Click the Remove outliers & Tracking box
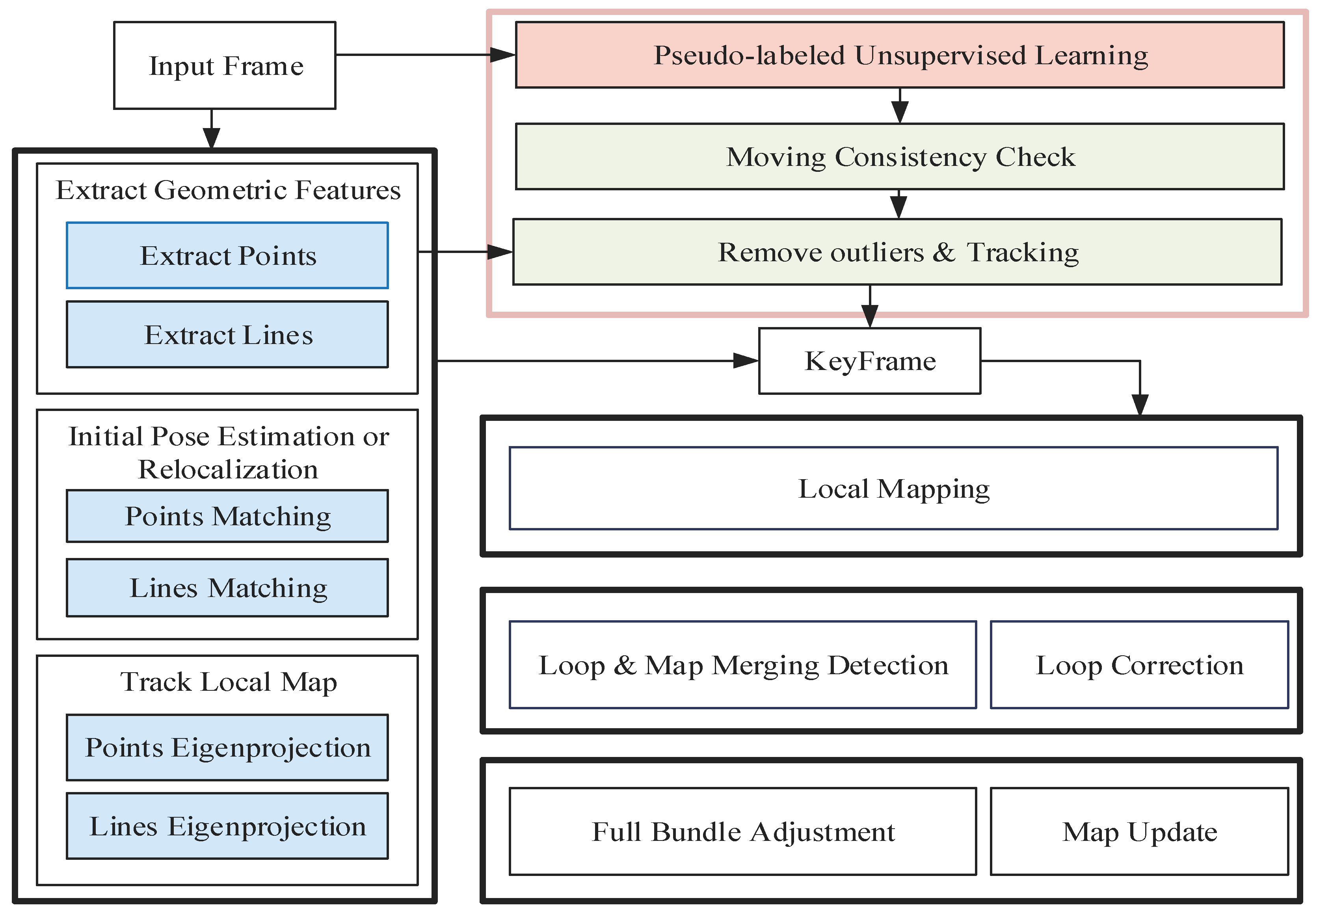coord(897,252)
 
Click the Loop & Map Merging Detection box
coord(742,665)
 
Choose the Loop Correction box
coord(1138,665)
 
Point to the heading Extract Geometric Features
coord(228,190)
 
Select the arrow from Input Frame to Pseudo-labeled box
coord(423,55)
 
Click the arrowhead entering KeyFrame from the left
coord(747,361)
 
